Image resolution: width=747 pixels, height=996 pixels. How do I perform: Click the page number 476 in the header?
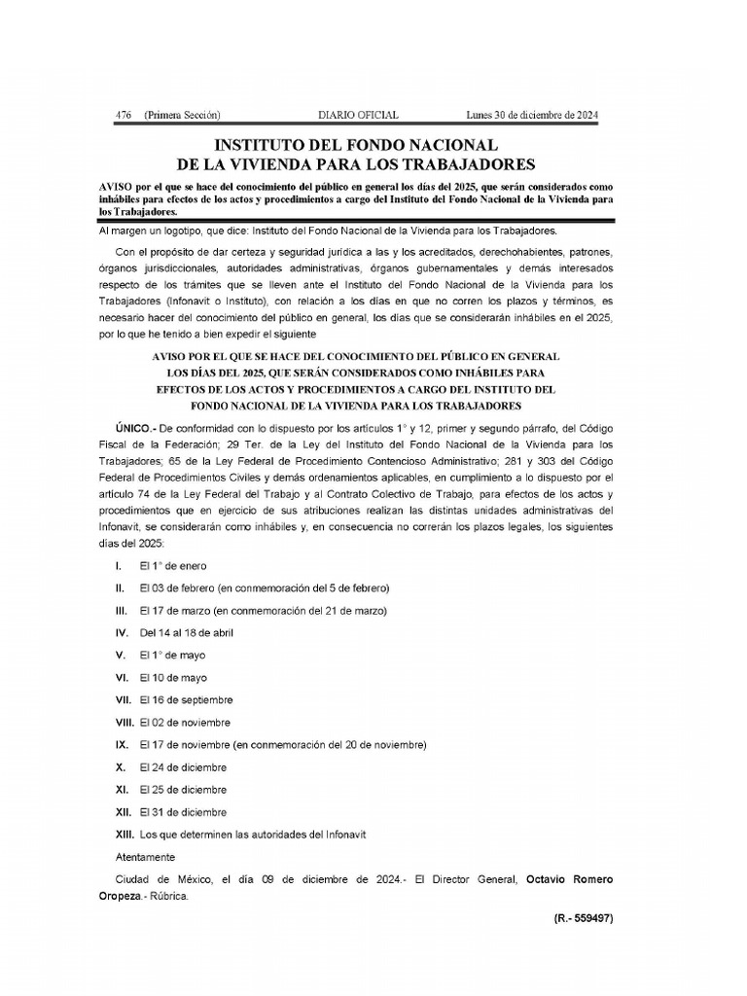(x=124, y=115)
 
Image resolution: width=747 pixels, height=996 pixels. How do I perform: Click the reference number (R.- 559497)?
(x=577, y=917)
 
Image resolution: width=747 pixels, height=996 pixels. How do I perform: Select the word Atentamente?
(x=144, y=857)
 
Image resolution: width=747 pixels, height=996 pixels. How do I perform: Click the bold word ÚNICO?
(x=134, y=428)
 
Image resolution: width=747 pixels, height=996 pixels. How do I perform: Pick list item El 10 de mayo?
(x=173, y=677)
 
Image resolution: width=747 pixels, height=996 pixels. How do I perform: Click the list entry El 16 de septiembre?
(x=186, y=699)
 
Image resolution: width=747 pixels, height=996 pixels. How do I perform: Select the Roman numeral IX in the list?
(x=122, y=744)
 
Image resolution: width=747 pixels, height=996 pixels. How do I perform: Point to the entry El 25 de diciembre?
(x=183, y=790)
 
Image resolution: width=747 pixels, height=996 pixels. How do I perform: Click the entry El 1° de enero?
(x=173, y=565)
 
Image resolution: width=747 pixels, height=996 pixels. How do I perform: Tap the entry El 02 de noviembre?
(x=185, y=722)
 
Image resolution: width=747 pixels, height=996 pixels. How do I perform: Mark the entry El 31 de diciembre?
(x=183, y=812)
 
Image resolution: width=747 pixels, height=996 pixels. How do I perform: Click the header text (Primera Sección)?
(x=182, y=115)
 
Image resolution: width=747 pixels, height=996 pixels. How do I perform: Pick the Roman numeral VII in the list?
(x=123, y=699)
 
